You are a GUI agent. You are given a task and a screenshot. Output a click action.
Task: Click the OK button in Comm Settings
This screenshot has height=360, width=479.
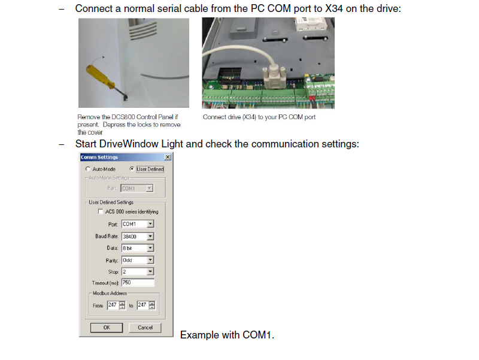point(107,328)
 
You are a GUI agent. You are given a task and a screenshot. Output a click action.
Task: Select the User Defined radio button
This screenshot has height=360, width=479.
point(133,169)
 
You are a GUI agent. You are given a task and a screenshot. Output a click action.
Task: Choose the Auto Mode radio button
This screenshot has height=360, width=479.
point(88,170)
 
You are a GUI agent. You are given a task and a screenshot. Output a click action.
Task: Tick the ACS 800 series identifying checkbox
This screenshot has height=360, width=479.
point(100,211)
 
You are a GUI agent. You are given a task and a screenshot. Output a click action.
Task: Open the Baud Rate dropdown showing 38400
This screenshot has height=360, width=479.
point(138,236)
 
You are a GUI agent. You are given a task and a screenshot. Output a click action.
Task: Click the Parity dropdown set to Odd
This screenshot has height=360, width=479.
point(138,260)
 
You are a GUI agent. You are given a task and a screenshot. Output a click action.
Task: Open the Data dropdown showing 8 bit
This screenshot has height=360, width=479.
point(138,248)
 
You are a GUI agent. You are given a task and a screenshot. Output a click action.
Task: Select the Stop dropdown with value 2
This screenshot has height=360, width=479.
point(138,272)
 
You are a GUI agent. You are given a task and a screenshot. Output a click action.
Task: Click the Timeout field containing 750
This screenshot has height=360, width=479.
point(138,282)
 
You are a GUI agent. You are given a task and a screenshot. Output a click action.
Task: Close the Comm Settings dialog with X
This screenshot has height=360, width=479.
point(167,158)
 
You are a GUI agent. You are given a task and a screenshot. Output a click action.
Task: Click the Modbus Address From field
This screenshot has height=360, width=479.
point(113,305)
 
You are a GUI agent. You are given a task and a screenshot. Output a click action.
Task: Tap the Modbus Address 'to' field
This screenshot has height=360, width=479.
point(142,305)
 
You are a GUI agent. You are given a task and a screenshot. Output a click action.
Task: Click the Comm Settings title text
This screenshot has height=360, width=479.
point(99,158)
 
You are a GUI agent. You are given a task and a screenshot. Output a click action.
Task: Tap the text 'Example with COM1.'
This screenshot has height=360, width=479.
point(227,335)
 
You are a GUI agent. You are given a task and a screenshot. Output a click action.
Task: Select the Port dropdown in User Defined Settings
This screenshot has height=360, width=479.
point(138,224)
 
